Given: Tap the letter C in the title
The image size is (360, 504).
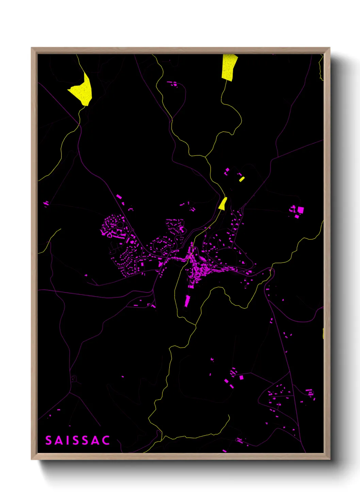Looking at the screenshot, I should click(x=106, y=441).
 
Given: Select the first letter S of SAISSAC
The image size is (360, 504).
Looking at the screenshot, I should click(x=48, y=441).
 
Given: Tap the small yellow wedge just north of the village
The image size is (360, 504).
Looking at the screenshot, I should click(x=223, y=204).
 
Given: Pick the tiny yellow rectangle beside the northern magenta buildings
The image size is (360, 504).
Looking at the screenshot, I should click(x=242, y=179).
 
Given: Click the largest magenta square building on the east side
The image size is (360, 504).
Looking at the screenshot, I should click(x=300, y=210).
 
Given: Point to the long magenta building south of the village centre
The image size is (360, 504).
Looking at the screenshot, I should click(x=187, y=301).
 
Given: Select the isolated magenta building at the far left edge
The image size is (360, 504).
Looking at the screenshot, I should click(x=46, y=204).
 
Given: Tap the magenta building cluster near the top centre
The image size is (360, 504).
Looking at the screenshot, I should click(x=173, y=83).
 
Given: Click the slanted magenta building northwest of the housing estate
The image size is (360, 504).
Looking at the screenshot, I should click(x=119, y=197).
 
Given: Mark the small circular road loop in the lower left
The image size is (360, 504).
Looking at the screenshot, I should click(x=73, y=379).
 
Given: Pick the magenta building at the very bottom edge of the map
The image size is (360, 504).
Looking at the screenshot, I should click(x=224, y=451).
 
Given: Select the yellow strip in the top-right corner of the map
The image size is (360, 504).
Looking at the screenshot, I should click(x=321, y=68).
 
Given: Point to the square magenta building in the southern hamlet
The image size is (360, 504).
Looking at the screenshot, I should click(x=241, y=377).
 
